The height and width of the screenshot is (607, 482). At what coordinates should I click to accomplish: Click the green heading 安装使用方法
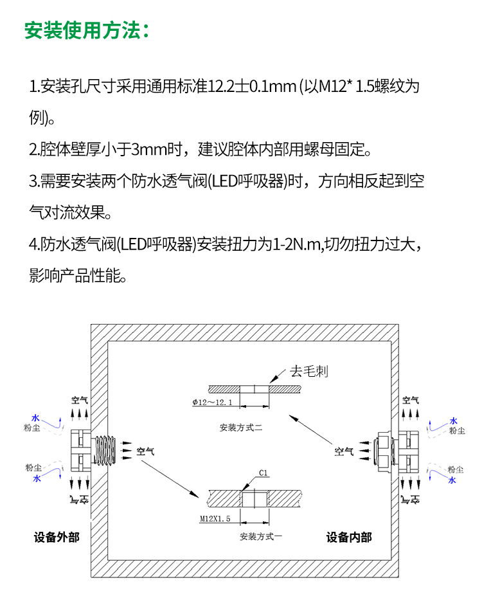[87, 30]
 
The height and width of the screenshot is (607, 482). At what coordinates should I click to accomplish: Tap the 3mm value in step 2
[145, 150]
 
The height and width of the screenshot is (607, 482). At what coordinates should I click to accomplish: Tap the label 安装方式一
[261, 536]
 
